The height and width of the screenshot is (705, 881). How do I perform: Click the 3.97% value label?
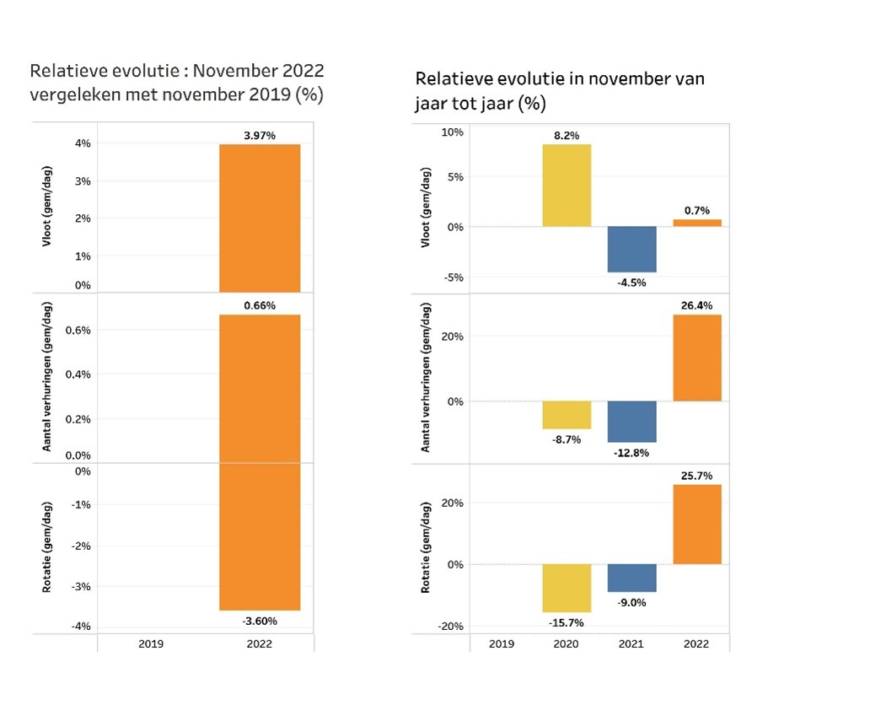coord(259,136)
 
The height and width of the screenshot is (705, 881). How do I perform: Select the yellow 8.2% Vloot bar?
coord(567,186)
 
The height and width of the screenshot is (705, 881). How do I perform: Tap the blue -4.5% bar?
coord(631,249)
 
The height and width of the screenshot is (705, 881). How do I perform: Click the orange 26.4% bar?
coord(696,358)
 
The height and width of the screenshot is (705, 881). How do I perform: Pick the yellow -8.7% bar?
coord(567,415)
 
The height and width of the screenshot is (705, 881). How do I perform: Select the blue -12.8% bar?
coord(631,422)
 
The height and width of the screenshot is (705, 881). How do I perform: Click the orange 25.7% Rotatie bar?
coord(696,524)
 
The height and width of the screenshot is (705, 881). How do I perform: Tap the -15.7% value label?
coord(567,622)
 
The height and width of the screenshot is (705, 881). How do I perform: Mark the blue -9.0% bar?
coord(631,578)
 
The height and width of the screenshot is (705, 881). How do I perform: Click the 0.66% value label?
coord(259,305)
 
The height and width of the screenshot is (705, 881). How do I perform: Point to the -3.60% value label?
coord(259,621)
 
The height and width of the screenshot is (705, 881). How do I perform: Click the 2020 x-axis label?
coord(567,643)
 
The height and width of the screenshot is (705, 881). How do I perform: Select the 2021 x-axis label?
coord(631,643)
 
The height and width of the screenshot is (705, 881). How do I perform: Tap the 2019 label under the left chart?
coord(151,643)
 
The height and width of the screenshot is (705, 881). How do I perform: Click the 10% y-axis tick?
coord(453,132)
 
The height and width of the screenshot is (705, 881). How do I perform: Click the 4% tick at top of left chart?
coord(84,143)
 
